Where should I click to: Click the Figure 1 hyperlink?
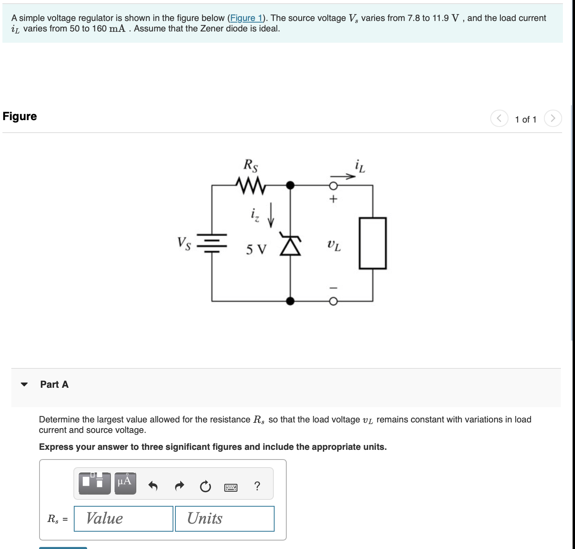246,18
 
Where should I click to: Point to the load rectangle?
373,243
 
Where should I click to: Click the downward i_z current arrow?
271,215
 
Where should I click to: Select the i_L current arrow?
343,176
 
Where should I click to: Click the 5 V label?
256,250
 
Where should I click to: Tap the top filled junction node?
290,185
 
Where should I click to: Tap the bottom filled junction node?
290,301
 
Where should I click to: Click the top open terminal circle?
333,186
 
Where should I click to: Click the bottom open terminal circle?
333,302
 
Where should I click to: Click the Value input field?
123,519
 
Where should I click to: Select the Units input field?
225,519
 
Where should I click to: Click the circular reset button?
205,487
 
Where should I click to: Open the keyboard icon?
231,488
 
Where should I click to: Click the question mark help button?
257,486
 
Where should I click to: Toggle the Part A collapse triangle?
24,385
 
